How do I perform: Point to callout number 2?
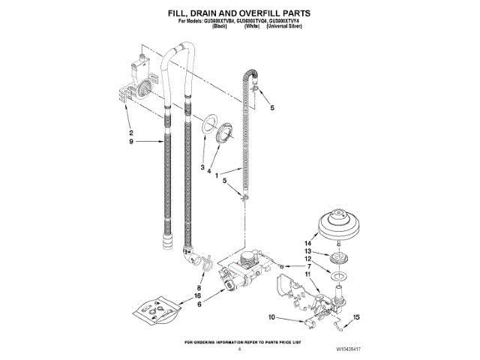coord(130,133)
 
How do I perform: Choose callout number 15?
coord(308,266)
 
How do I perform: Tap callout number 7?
coord(308,266)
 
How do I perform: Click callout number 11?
coord(307,274)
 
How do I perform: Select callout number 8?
coord(199,288)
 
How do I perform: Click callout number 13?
coord(307,251)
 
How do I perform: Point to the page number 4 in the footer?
coord(238,349)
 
